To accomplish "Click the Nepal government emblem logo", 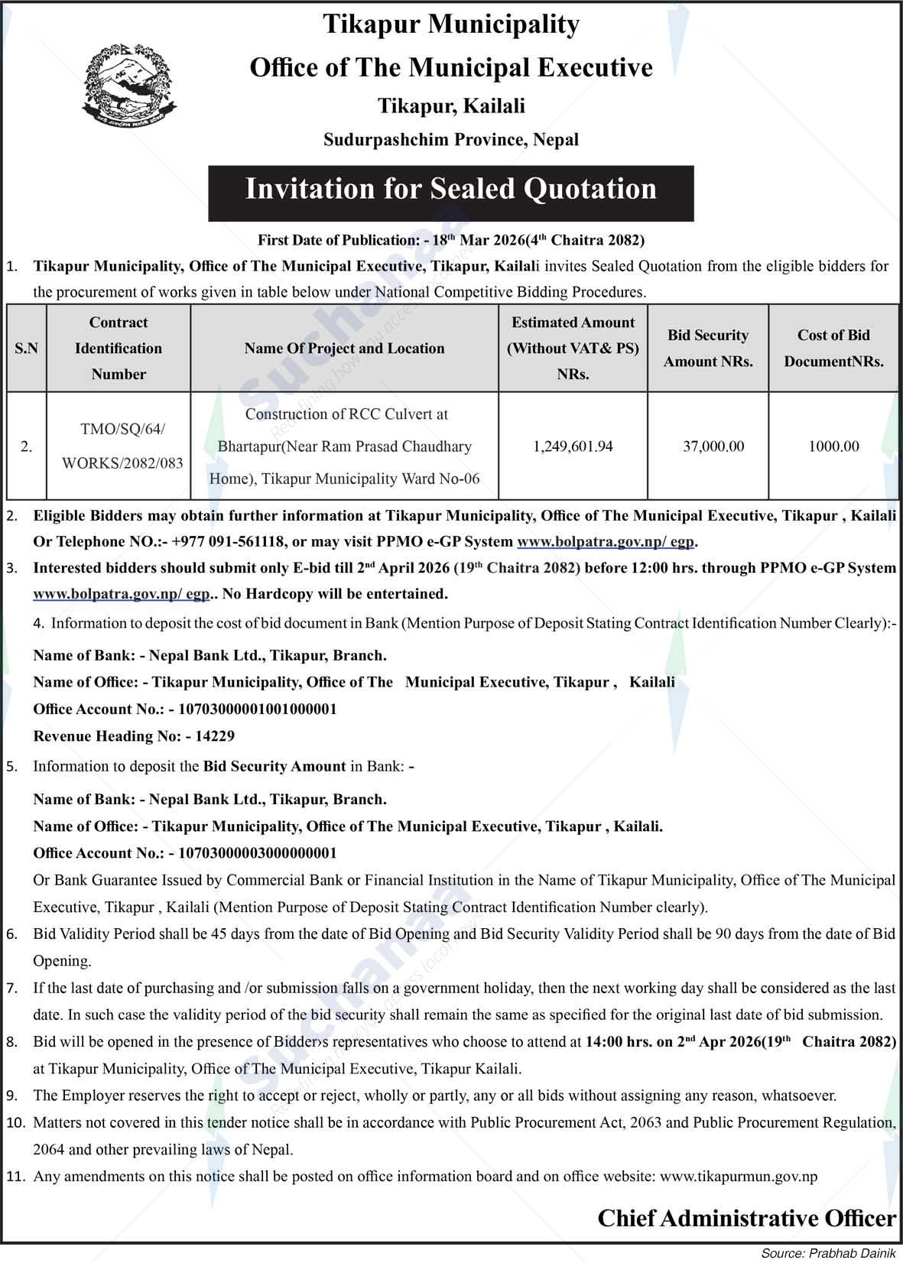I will point(128,85).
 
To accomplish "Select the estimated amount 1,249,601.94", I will point(573,446).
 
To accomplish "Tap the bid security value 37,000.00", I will point(713,446).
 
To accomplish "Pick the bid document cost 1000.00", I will point(833,446).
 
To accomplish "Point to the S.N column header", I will point(26,349).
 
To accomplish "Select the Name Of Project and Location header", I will point(344,349).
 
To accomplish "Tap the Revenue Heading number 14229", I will point(215,736).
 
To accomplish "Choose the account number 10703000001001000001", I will point(257,709).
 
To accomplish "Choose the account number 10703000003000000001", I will point(257,852).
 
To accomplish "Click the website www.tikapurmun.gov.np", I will point(739,1177).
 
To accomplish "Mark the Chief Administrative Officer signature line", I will point(746,1219).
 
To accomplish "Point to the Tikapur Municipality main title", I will point(451,25).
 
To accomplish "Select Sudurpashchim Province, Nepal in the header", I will point(451,140).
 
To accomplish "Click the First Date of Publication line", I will point(451,241).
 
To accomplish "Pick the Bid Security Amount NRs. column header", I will point(708,349).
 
